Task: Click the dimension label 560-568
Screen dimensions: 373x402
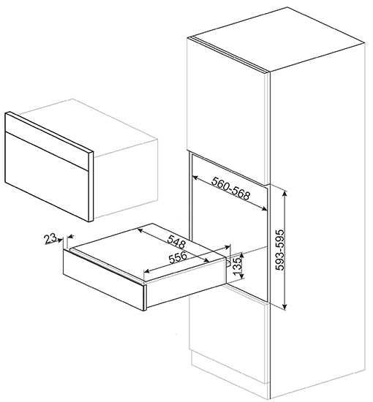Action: [230, 189]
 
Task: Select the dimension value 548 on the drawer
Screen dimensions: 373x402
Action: [176, 242]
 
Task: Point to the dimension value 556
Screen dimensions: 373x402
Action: [178, 257]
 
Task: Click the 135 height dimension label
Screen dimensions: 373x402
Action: [238, 265]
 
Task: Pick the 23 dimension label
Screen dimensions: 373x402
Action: [50, 239]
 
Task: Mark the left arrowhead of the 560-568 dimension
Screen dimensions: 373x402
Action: [195, 177]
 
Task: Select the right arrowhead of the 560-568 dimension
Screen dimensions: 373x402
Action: [265, 209]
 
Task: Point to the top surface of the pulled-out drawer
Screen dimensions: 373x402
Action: [147, 251]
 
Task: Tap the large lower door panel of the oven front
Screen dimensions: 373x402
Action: [48, 176]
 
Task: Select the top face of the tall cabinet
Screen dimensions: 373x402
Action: [276, 39]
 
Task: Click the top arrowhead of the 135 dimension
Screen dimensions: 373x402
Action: [241, 254]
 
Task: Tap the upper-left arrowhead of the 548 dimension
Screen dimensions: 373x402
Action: [140, 231]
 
